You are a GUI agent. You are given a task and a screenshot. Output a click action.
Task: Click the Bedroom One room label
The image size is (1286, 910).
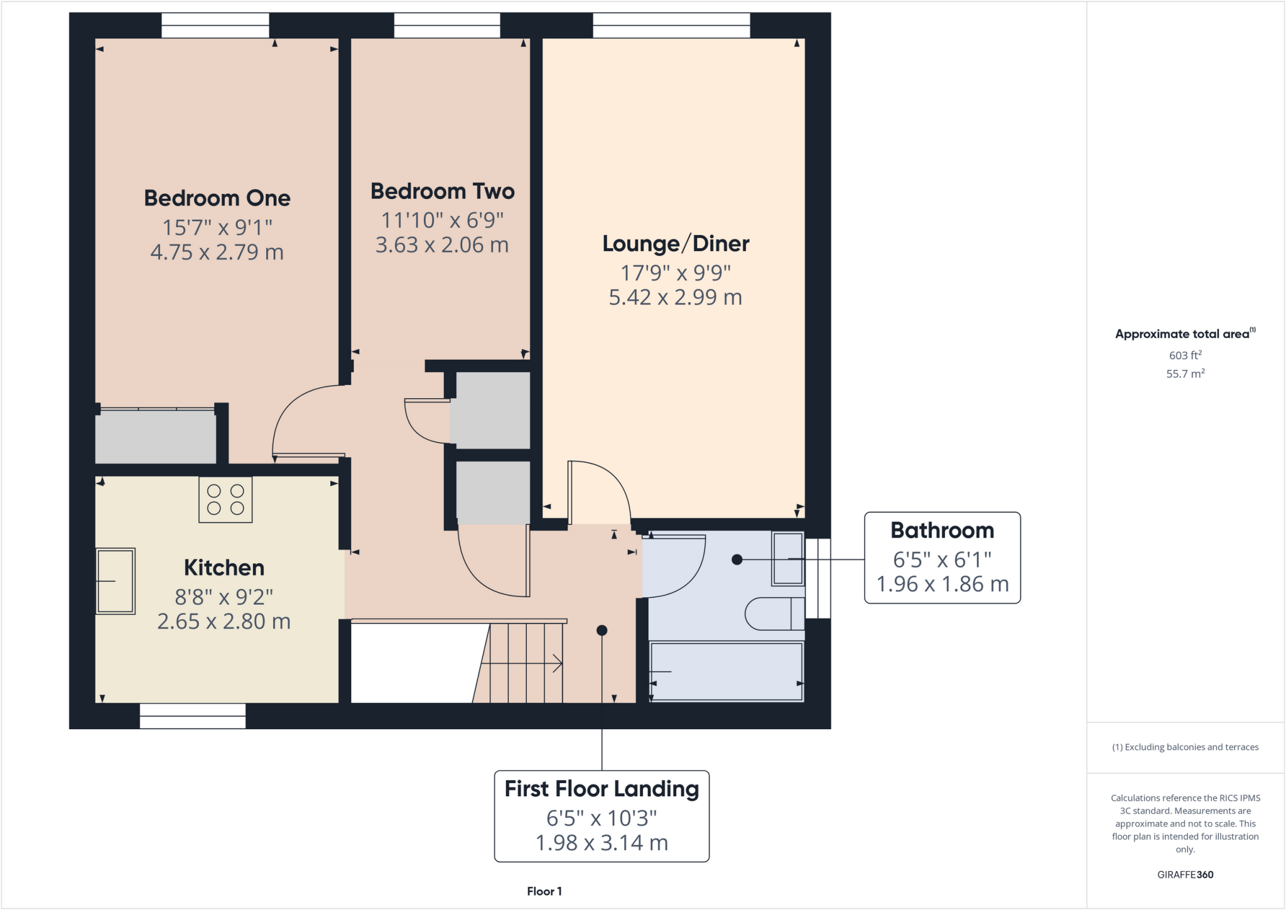pos(217,198)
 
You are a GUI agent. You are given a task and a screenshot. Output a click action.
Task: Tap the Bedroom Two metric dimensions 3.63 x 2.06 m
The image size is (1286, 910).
pos(441,245)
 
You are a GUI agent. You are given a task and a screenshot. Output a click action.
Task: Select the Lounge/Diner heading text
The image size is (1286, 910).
pos(676,244)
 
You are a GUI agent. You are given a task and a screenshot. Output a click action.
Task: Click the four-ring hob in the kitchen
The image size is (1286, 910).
pos(225,500)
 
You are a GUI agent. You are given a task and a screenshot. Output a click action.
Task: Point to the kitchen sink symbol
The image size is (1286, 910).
pos(116,581)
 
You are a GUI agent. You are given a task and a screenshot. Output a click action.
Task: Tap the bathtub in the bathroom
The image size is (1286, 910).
pos(726,671)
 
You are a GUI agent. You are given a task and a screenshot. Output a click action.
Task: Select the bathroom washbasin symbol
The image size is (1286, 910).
pos(787,558)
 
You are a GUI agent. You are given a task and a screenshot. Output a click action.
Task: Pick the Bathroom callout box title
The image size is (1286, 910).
pos(942,531)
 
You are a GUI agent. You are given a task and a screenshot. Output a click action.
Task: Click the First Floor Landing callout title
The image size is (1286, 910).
pos(602,789)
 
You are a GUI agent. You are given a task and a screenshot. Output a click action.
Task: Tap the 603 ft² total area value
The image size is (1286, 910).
pos(1185,355)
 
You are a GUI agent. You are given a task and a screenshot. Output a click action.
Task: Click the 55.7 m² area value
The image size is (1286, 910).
pos(1185,374)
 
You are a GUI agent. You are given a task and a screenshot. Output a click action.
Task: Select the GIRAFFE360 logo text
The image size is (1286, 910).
pos(1185,875)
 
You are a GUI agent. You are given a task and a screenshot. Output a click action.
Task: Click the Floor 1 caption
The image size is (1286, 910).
pos(544,891)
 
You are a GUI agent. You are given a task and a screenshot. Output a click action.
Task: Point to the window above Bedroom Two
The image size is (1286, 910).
pos(447,26)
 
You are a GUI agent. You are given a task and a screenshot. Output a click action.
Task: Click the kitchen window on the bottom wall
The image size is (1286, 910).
pos(193,716)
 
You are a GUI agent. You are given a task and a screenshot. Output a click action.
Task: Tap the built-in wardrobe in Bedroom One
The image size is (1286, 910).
pos(155,437)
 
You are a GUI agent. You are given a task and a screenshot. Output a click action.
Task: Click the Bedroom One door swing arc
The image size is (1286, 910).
pos(295,408)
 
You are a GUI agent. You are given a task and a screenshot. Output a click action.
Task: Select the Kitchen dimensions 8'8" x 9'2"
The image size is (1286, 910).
pos(224,597)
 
